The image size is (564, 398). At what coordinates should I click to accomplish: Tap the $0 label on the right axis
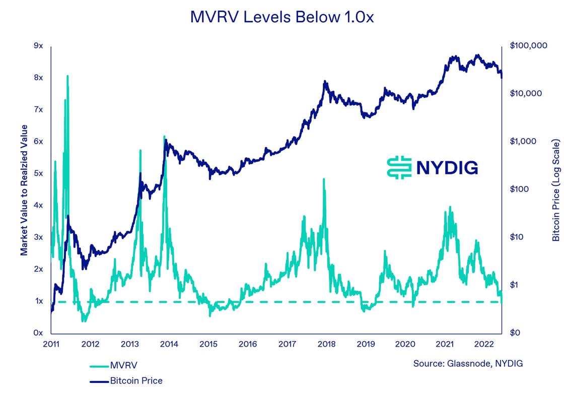[x=515, y=333]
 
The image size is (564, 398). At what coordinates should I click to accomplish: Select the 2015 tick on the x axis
[x=208, y=344]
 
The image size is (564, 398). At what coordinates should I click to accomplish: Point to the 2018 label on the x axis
[x=327, y=344]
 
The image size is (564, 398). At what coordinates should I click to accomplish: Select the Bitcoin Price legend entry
[x=136, y=381]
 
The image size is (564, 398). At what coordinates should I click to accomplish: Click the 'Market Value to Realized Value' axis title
[x=24, y=189]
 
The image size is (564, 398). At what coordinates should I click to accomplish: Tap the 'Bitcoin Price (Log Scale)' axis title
[x=555, y=189]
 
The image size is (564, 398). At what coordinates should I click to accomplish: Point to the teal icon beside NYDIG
[x=399, y=167]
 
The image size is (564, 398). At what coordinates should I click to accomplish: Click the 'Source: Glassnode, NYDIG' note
[x=468, y=363]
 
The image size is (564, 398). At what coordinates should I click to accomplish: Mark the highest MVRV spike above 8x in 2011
[x=67, y=76]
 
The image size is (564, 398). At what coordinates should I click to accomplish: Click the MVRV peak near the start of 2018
[x=324, y=179]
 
